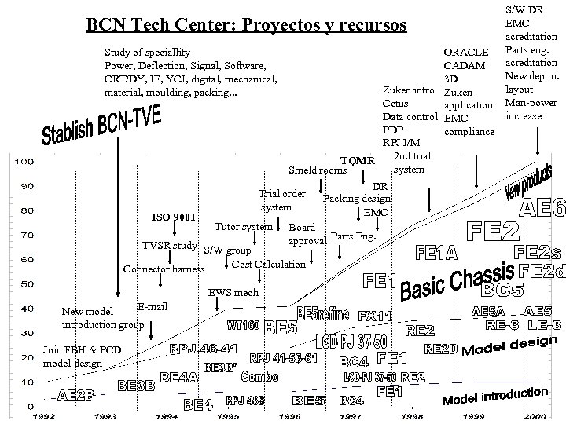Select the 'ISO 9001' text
point(174,217)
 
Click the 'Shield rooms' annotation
point(318,170)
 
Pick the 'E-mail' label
point(152,305)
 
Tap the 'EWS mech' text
point(233,292)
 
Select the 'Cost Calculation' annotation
point(269,264)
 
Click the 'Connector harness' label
point(164,269)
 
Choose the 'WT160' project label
point(244,324)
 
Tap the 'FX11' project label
point(374,316)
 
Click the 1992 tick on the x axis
point(42,417)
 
